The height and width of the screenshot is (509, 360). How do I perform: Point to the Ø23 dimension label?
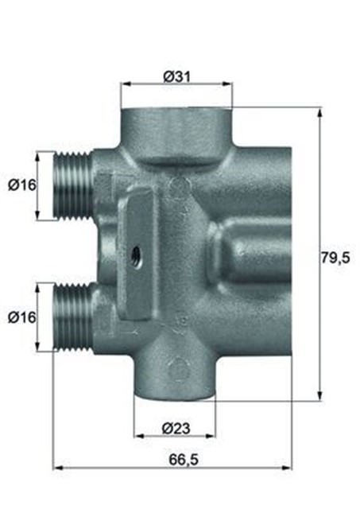pyautogui.click(x=174, y=429)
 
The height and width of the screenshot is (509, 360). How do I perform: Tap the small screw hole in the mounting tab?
pyautogui.click(x=135, y=256)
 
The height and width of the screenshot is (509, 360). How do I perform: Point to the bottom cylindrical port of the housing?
pyautogui.click(x=175, y=374)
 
